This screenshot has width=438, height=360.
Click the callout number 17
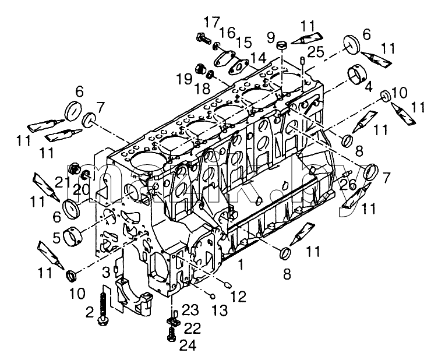[212, 22]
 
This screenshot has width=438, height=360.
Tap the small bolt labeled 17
[203, 38]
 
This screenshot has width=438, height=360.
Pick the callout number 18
[203, 89]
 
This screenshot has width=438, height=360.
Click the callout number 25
[316, 52]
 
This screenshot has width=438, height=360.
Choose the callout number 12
[238, 297]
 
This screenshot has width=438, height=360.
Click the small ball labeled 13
[213, 295]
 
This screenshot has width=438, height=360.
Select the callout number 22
[192, 328]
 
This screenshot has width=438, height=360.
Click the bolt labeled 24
[171, 334]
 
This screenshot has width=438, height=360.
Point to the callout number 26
[348, 185]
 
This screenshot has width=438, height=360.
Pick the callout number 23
[190, 310]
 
